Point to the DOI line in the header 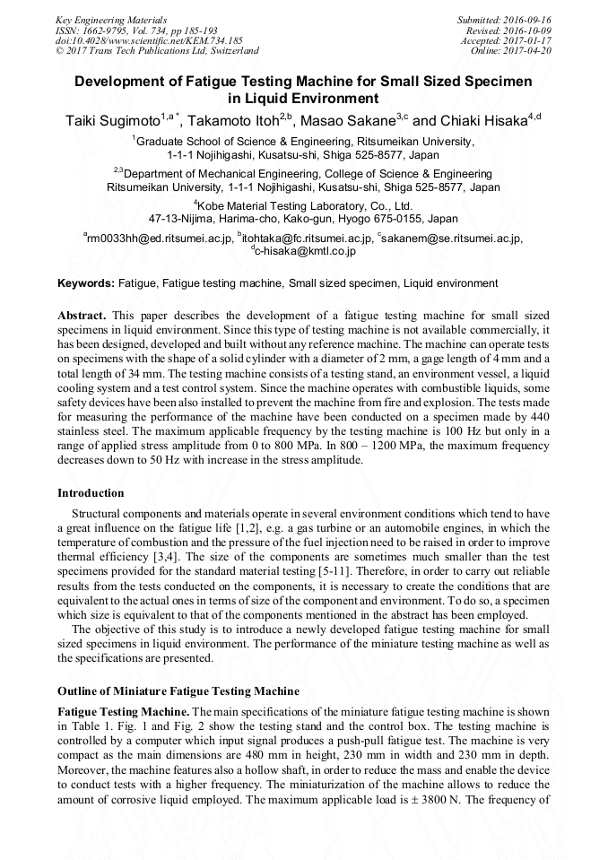tap(149, 40)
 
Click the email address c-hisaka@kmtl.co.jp tap(305, 251)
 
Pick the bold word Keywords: tap(86, 283)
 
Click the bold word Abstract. tap(83, 317)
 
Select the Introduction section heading tap(91, 492)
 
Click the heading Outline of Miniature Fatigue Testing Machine tap(178, 691)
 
